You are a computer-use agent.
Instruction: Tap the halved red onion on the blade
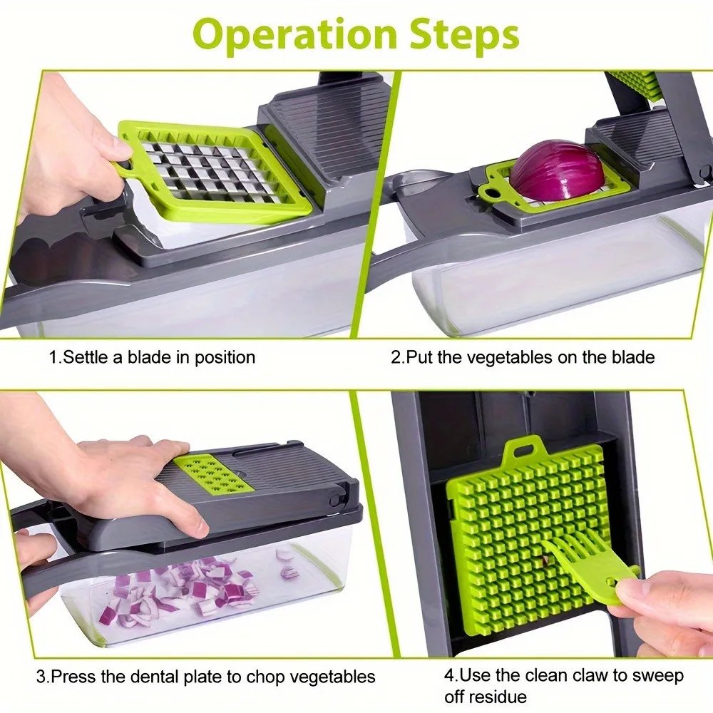[556, 170]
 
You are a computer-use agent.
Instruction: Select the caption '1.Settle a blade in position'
[151, 356]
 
